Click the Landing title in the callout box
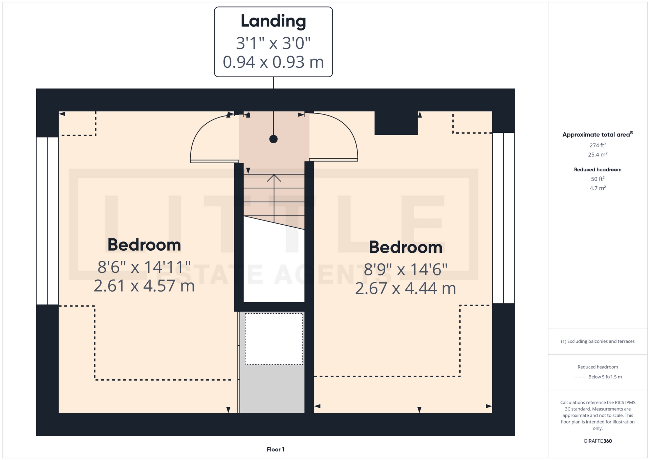point(273,21)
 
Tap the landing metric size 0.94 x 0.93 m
point(273,62)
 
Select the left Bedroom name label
point(144,245)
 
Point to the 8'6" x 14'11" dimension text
point(144,267)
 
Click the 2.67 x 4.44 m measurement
point(406,289)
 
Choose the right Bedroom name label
point(406,247)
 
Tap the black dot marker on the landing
point(274,139)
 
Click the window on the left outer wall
point(47,221)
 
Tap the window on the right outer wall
point(503,218)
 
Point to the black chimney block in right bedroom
point(396,123)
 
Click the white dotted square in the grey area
point(274,339)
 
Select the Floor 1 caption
point(276,449)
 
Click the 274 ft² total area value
point(598,145)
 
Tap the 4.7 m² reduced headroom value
point(598,188)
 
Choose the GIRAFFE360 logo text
point(598,441)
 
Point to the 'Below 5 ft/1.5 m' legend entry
point(605,377)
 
